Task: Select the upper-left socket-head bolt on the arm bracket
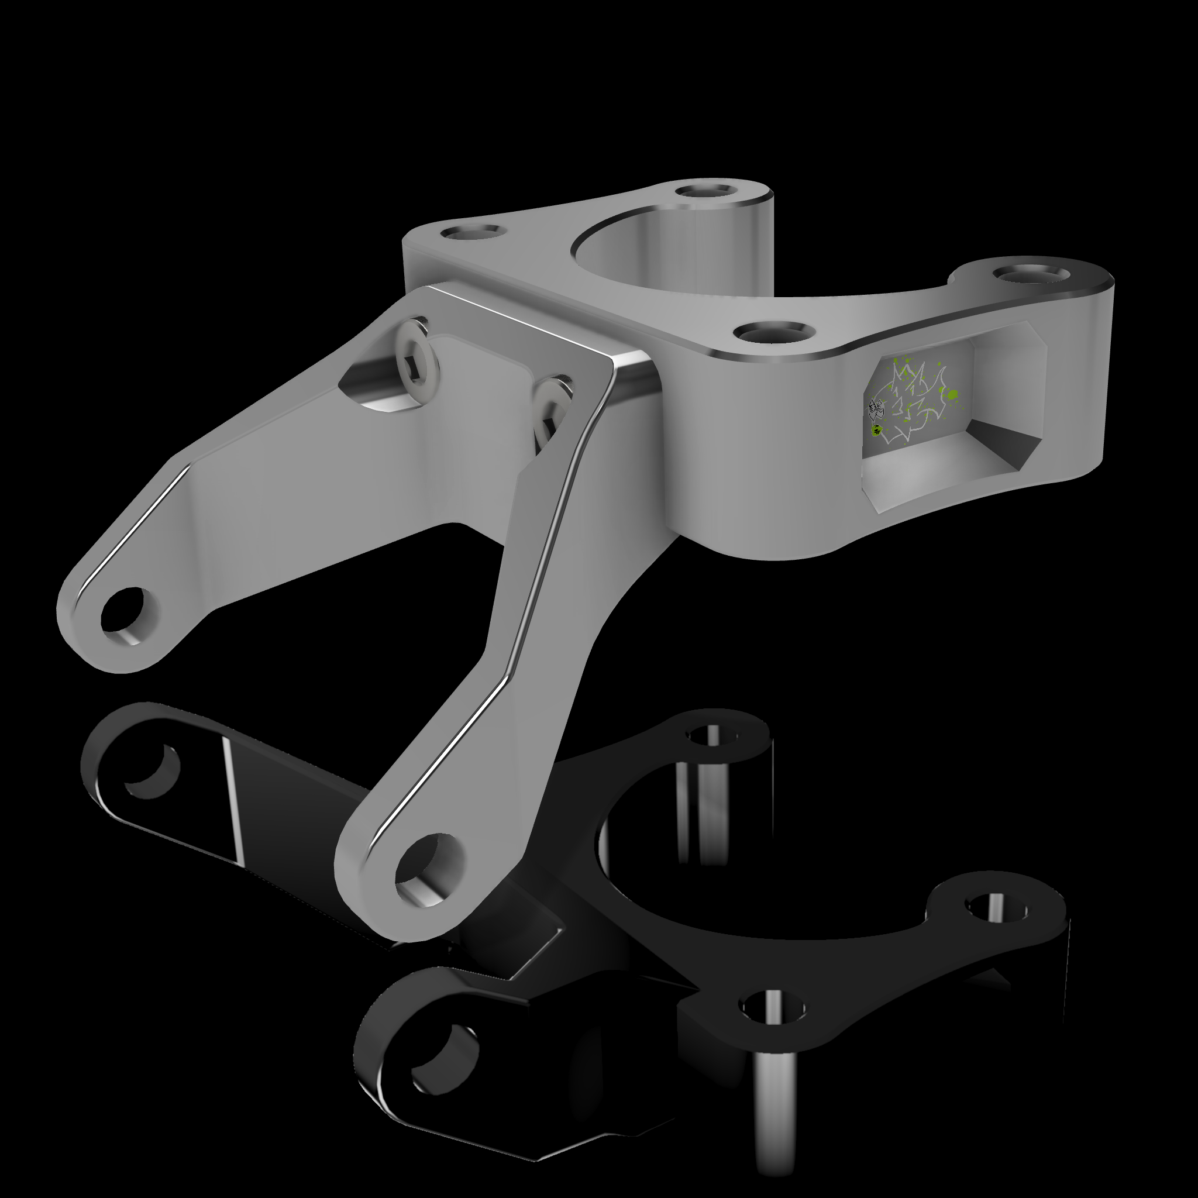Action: (419, 353)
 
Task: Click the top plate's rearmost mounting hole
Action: (704, 190)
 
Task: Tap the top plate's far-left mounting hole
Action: (472, 233)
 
